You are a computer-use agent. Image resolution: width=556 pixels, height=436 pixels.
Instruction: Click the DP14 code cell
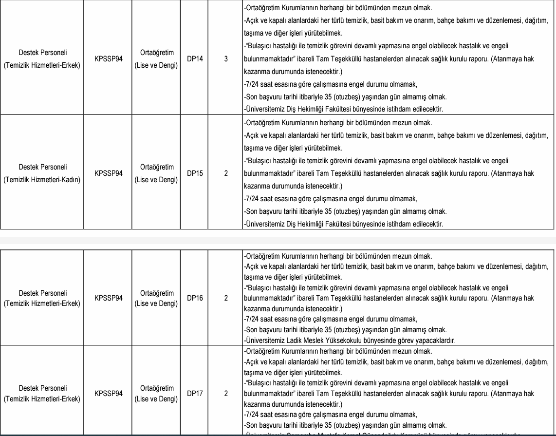pyautogui.click(x=195, y=59)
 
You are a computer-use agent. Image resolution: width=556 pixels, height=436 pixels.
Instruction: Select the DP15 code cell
pyautogui.click(x=195, y=173)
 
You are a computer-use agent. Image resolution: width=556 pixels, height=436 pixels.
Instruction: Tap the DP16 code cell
pyautogui.click(x=195, y=298)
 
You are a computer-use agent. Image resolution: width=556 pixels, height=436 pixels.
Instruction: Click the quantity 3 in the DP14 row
pyautogui.click(x=226, y=59)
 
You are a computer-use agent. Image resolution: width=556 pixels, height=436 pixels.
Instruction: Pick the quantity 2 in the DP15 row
pyautogui.click(x=226, y=173)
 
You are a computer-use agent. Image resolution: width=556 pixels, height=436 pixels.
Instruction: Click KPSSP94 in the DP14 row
pyautogui.click(x=109, y=59)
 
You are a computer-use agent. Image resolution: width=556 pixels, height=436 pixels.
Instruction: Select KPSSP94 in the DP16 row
pyautogui.click(x=109, y=298)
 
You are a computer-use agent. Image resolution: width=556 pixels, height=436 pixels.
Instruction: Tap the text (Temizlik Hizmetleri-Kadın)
pyautogui.click(x=42, y=180)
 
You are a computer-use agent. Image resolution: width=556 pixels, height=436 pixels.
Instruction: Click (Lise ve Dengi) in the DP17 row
pyautogui.click(x=156, y=398)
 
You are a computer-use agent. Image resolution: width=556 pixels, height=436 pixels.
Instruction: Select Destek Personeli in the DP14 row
pyautogui.click(x=43, y=53)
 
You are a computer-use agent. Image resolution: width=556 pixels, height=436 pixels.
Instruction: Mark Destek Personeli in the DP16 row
pyautogui.click(x=43, y=293)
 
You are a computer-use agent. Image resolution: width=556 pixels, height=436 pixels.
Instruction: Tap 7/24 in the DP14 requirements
pyautogui.click(x=253, y=84)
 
